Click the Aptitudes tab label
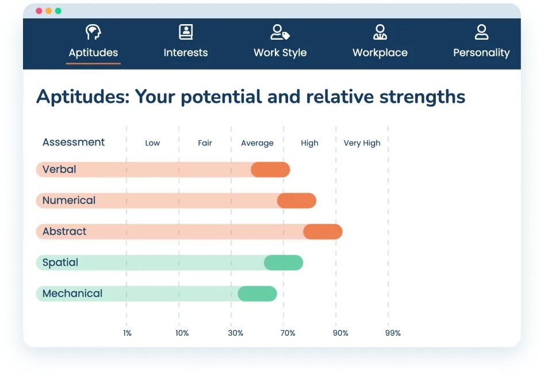[93, 53]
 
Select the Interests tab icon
[186, 32]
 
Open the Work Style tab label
[280, 53]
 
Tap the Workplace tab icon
[380, 32]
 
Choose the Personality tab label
[481, 53]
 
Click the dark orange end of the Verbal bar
[270, 170]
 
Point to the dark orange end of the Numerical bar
[297, 201]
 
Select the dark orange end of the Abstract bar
[323, 232]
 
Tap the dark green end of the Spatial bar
[284, 263]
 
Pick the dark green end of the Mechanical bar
[257, 294]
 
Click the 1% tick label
[127, 333]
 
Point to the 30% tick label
[235, 333]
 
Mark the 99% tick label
[393, 333]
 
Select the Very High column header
[362, 143]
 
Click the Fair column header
[205, 143]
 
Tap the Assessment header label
[74, 143]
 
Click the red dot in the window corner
[39, 11]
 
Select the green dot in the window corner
[58, 11]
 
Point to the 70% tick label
[288, 333]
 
